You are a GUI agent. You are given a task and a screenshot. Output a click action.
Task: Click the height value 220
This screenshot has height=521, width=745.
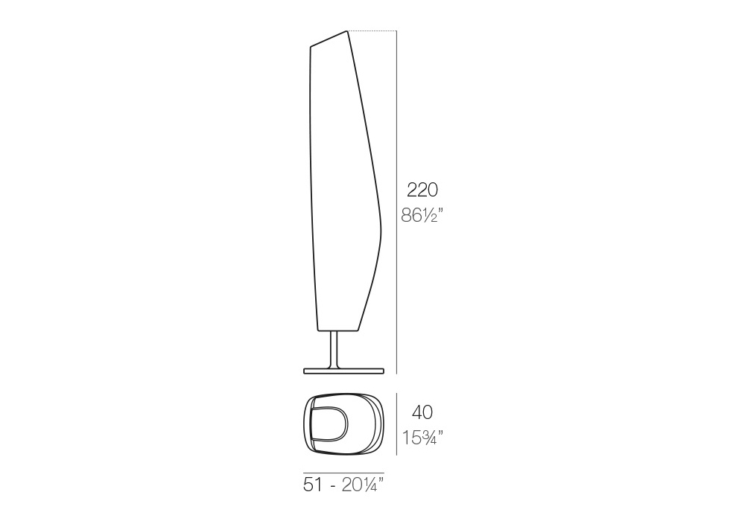click(x=422, y=190)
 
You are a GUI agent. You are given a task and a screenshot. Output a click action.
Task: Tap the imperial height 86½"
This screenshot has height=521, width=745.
click(x=422, y=215)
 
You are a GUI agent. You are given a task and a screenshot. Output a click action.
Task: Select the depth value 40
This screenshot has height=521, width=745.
click(x=422, y=412)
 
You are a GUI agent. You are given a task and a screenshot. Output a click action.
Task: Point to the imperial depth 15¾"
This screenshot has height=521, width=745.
click(x=423, y=438)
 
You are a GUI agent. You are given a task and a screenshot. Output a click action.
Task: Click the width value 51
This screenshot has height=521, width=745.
click(x=313, y=485)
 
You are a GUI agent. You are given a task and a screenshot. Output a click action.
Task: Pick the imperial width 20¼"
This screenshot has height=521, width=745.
click(x=363, y=485)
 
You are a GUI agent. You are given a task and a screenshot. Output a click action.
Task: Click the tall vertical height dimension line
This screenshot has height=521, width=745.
click(x=397, y=202)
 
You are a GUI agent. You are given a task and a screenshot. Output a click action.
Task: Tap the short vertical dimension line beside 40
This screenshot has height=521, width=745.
click(x=397, y=423)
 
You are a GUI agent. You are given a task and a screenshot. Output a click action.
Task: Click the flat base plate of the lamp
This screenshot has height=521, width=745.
click(x=343, y=370)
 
